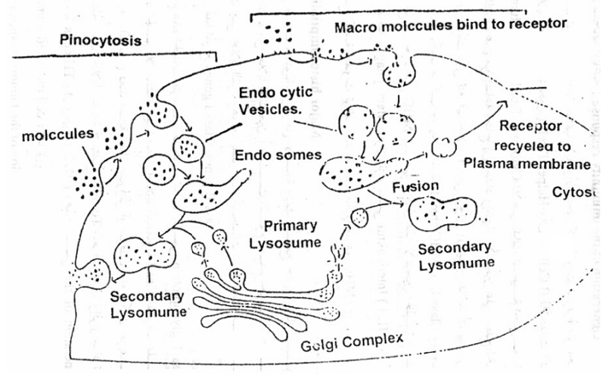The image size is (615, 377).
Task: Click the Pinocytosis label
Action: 100,41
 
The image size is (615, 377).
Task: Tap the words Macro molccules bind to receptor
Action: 450,26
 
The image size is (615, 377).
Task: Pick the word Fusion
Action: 415,186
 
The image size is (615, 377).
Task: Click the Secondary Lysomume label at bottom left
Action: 146,304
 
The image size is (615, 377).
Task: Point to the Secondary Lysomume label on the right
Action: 455,255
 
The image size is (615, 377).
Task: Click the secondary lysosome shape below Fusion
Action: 443,214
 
